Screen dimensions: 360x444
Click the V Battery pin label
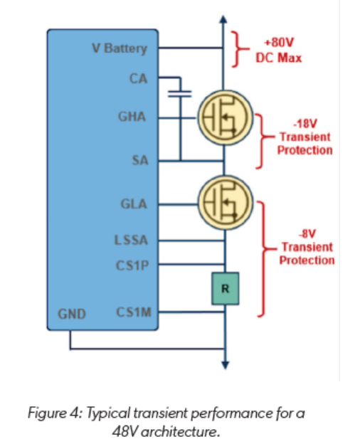tap(120, 48)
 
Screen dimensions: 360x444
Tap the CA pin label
tap(139, 78)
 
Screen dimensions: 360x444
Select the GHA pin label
tap(132, 117)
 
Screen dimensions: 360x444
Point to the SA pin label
tap(140, 160)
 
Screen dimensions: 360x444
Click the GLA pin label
tap(134, 204)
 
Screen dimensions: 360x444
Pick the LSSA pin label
tap(131, 240)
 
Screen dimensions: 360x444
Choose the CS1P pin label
tap(132, 265)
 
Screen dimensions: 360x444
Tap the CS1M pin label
tap(134, 312)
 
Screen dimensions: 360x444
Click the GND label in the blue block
tap(72, 314)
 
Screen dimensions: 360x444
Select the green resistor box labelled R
tap(225, 289)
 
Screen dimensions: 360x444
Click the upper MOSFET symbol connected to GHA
tap(225, 118)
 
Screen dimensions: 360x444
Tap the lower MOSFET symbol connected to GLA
tap(225, 203)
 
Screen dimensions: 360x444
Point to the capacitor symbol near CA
tap(180, 94)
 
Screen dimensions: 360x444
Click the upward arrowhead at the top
tap(223, 19)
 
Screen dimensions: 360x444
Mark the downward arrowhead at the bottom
tap(225, 365)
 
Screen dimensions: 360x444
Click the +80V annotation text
tap(279, 43)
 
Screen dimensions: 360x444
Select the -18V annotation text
tap(305, 124)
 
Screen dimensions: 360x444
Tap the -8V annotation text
tap(307, 234)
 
